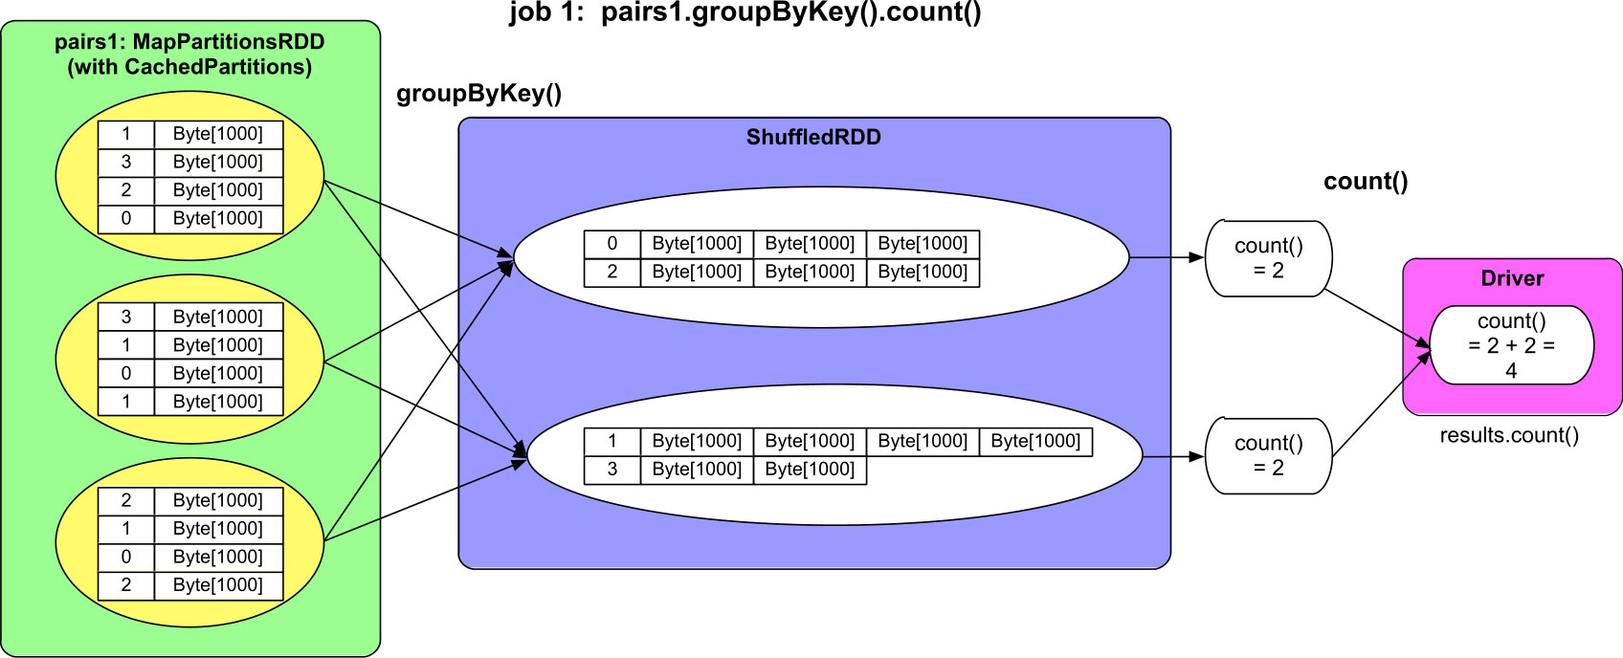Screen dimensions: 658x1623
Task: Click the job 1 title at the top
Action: click(x=745, y=13)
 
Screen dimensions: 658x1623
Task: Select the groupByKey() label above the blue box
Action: click(x=478, y=94)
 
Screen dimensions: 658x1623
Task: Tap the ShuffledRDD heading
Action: click(x=813, y=137)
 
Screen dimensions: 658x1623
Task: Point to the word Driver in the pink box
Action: click(x=1512, y=278)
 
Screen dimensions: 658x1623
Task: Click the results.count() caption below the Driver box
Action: click(x=1509, y=436)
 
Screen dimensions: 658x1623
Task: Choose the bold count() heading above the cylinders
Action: click(x=1366, y=182)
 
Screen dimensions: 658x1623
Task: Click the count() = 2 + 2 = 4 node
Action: click(x=1511, y=345)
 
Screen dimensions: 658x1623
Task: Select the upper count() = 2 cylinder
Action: click(x=1268, y=258)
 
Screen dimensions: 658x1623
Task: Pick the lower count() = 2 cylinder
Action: click(x=1268, y=455)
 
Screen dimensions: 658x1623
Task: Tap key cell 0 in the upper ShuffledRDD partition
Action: click(x=612, y=244)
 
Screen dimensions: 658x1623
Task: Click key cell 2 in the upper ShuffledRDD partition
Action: click(x=612, y=272)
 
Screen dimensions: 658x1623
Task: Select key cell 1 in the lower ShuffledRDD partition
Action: click(x=612, y=441)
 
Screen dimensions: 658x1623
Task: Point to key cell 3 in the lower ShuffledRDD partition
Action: click(x=612, y=470)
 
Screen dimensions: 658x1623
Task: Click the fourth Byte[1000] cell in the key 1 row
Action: click(x=1035, y=441)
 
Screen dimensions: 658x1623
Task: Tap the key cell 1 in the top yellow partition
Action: click(x=126, y=134)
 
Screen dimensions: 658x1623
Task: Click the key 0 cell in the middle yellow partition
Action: click(x=126, y=373)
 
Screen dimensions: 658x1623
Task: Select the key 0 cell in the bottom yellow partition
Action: click(x=126, y=557)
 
